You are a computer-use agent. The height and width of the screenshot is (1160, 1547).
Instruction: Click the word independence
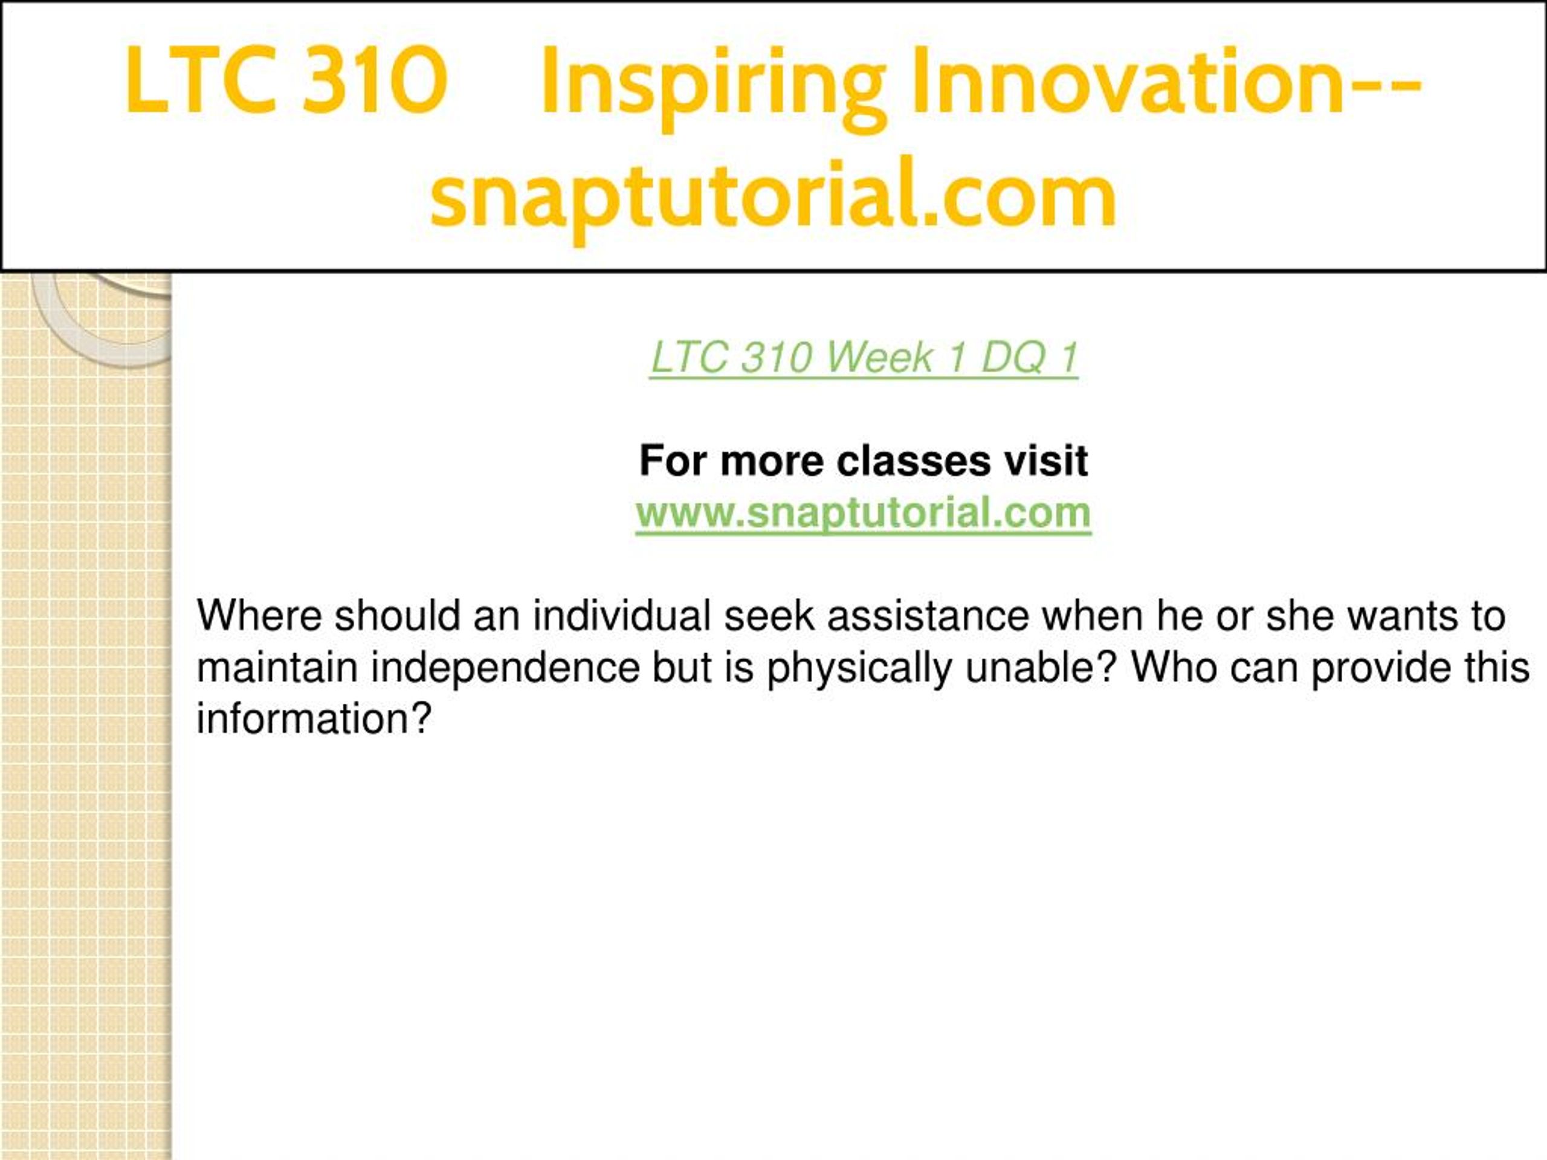505,668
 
